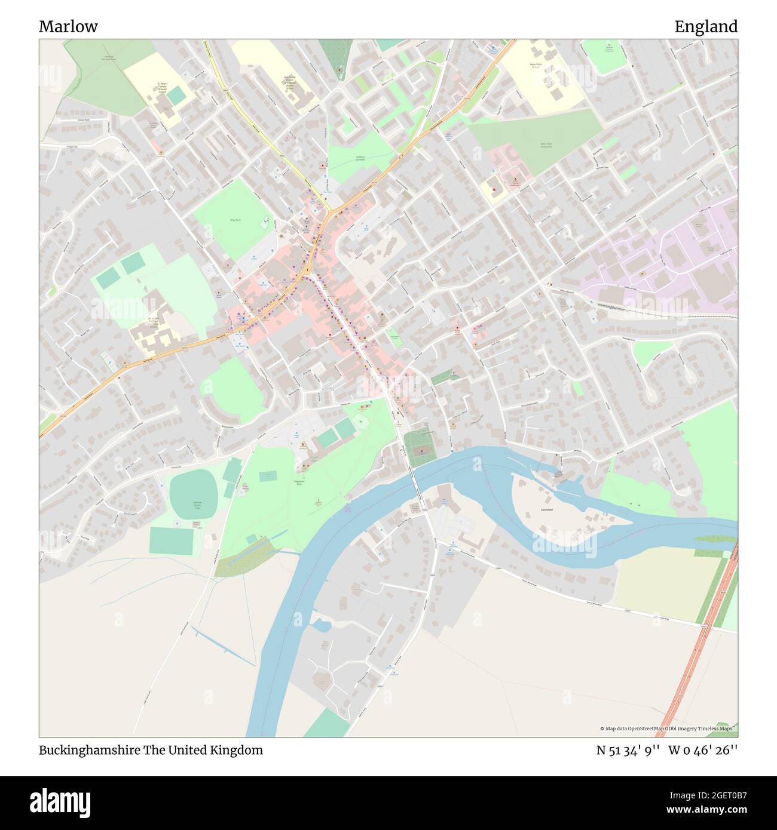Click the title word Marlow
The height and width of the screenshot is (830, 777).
pos(68,26)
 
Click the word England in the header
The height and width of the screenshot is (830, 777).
pos(706,26)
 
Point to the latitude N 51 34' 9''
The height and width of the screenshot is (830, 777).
pos(628,750)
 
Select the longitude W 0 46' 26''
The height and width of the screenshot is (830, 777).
pos(705,750)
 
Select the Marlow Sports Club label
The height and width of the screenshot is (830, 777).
pos(195,506)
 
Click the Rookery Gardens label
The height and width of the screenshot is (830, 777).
pos(360,159)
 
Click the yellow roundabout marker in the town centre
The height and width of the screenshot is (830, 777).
pos(307,270)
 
